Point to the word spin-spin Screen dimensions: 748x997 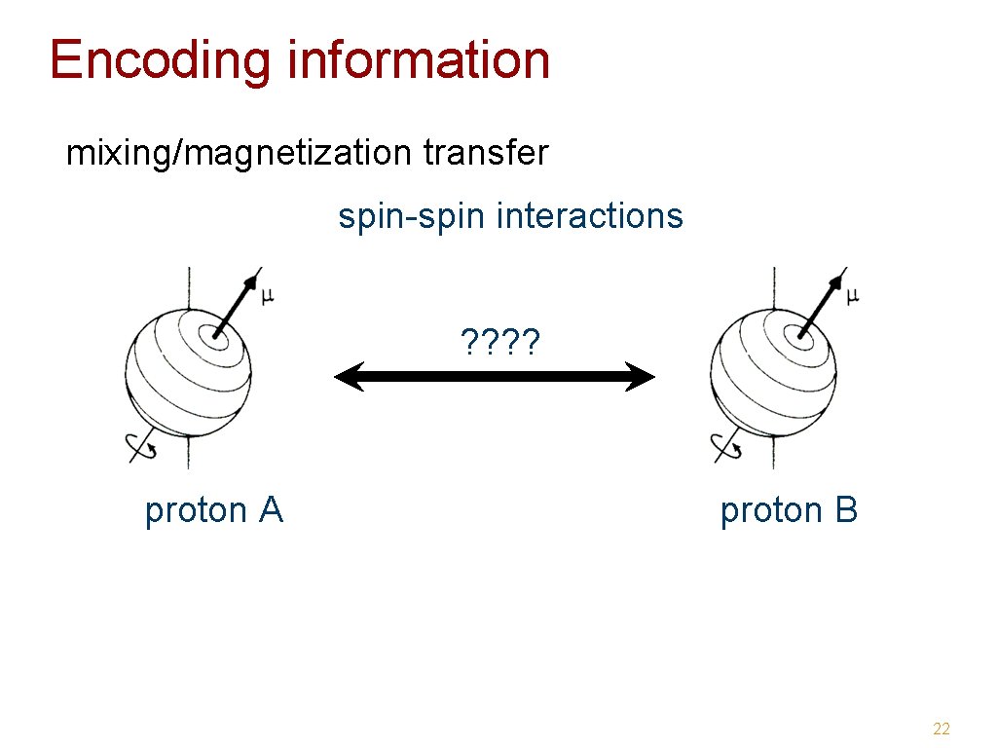[412, 216]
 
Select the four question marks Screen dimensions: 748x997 [500, 342]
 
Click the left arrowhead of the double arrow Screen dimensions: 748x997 [348, 377]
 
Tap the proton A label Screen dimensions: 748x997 [213, 510]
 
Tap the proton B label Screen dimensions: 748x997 [789, 510]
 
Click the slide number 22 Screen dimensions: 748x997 [941, 729]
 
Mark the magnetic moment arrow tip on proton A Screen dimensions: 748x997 [254, 279]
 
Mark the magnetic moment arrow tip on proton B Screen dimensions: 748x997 [838, 279]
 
